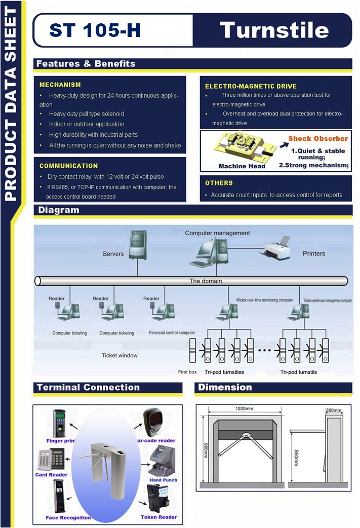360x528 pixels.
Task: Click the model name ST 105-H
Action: click(x=95, y=30)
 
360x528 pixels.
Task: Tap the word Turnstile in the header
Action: click(x=274, y=30)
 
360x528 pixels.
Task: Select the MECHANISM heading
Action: click(x=60, y=85)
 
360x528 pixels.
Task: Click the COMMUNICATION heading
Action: click(x=69, y=166)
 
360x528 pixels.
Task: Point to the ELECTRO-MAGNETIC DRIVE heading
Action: click(x=251, y=86)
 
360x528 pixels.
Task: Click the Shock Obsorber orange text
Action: click(x=318, y=138)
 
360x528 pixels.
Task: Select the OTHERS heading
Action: click(x=219, y=183)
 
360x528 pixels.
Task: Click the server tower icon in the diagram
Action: click(x=137, y=245)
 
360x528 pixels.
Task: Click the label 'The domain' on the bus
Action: click(x=206, y=281)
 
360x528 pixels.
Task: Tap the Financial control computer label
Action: click(x=172, y=333)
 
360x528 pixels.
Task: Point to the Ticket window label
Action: click(x=119, y=355)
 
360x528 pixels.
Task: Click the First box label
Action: click(x=187, y=372)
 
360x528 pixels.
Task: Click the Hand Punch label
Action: click(x=163, y=480)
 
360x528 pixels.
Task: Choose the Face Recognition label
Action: click(x=68, y=518)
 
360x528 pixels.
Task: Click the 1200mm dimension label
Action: click(x=245, y=408)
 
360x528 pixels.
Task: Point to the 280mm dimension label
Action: click(x=334, y=409)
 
